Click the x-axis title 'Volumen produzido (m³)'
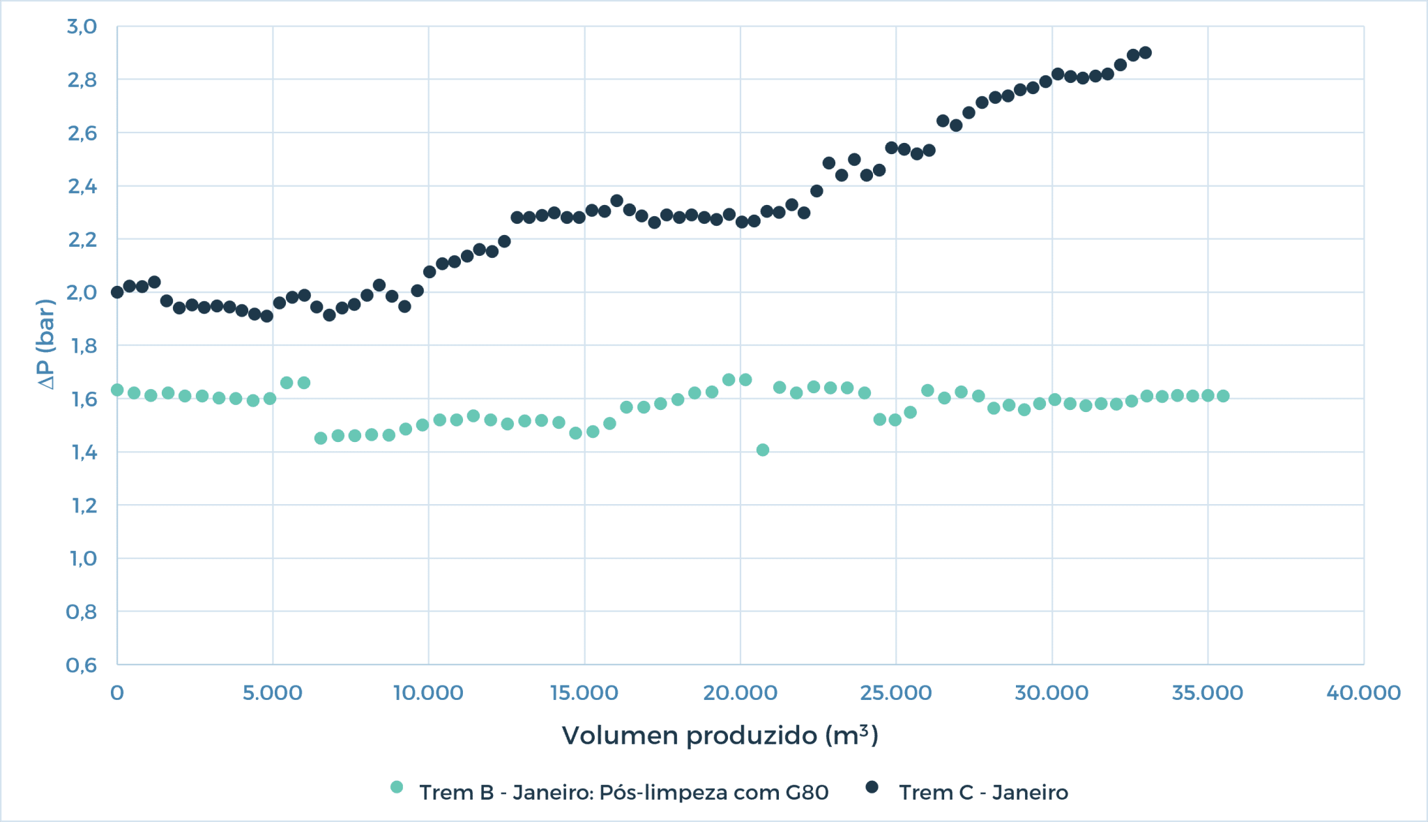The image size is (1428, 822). coord(720,736)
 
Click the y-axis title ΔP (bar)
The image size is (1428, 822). coord(46,344)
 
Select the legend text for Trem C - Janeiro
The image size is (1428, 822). coord(983,793)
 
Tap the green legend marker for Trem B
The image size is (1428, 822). coord(397,787)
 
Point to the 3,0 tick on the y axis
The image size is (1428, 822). coord(82,26)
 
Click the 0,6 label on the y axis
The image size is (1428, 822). coord(82,665)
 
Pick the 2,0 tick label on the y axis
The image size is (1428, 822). coord(82,293)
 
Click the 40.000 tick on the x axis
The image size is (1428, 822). coord(1363,693)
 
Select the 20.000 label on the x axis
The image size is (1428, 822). coord(740,693)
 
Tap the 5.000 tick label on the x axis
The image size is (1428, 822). coord(273,693)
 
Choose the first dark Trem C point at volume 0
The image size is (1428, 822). coord(117,292)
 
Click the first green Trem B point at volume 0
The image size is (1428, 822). coord(117,390)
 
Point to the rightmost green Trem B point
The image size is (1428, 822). coord(1223,396)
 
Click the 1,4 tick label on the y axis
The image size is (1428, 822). coord(82,452)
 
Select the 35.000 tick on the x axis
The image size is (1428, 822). coord(1208,693)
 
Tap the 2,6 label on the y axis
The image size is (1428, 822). coord(82,133)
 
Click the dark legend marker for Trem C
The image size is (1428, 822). coord(872,787)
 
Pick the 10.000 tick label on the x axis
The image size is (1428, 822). coord(428,693)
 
